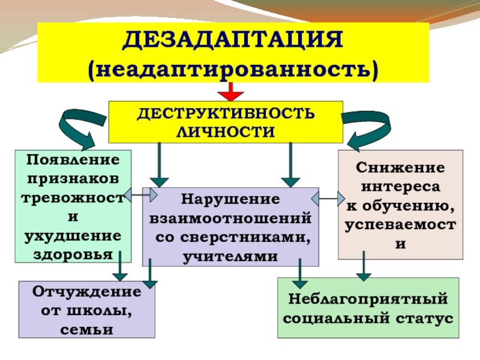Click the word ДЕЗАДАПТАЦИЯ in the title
point(233,42)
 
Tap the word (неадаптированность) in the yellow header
point(233,68)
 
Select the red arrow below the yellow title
point(231,92)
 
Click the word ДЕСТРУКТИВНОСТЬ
point(225,114)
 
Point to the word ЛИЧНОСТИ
point(225,131)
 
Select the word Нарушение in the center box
point(230,198)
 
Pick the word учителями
point(230,256)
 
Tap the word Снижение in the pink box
point(401,168)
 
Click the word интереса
point(401,187)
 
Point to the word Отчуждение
point(87,293)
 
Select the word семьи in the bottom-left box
point(87,329)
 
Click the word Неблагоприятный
point(368,299)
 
